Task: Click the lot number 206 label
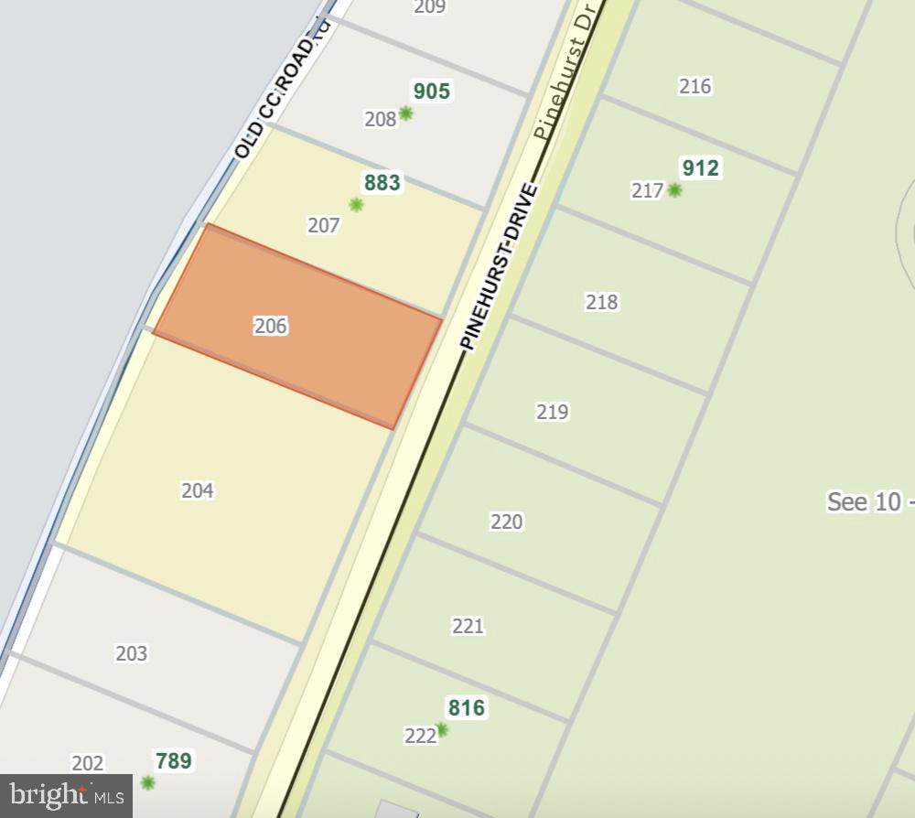(271, 326)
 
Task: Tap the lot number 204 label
(198, 490)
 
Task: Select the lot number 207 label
(324, 225)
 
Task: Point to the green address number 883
(382, 183)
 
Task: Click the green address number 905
(432, 91)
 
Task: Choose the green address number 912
(701, 168)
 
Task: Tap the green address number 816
(467, 708)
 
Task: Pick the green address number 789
(174, 761)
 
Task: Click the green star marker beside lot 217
(674, 190)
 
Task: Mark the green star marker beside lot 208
(405, 113)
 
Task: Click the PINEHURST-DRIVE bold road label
(500, 266)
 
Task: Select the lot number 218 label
(601, 302)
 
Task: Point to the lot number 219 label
(553, 412)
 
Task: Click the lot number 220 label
(507, 522)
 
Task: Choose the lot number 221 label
(468, 626)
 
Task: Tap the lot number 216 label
(695, 87)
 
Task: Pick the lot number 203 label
(132, 653)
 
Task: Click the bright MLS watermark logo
(66, 796)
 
